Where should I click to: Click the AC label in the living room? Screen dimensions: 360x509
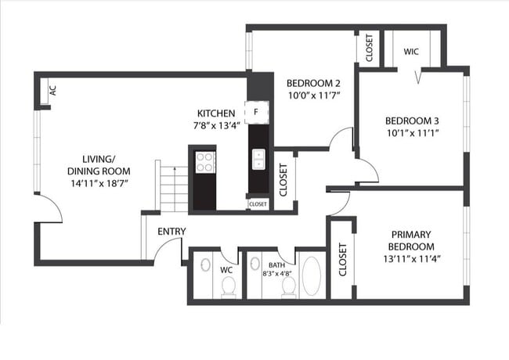(x=52, y=91)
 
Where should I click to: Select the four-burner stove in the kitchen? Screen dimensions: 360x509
(x=204, y=162)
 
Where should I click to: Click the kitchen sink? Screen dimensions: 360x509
(x=258, y=160)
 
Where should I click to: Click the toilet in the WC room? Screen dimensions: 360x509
(x=229, y=287)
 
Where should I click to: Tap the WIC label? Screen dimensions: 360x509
(x=411, y=52)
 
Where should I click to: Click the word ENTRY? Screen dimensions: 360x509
(x=172, y=232)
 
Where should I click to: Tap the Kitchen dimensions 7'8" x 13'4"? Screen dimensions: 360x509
(x=216, y=125)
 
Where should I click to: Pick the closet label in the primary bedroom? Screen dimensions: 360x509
(x=343, y=260)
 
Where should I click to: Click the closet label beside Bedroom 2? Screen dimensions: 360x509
(x=368, y=49)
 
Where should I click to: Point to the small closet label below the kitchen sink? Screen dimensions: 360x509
(x=258, y=204)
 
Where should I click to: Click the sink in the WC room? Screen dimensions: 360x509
(x=204, y=265)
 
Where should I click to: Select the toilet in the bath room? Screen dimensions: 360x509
(x=288, y=286)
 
